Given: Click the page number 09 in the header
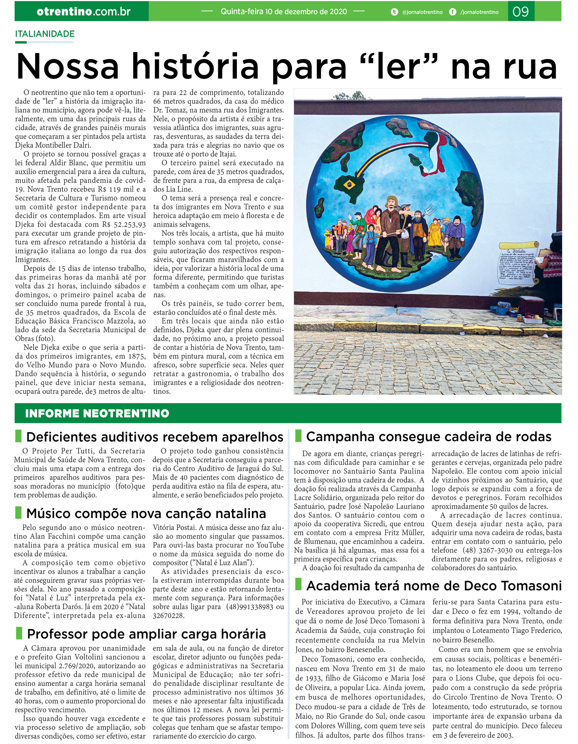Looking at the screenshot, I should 521,12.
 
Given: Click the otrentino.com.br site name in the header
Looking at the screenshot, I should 84,12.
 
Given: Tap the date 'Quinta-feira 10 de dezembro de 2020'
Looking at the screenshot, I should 284,12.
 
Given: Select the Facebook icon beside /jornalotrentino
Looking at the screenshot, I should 453,12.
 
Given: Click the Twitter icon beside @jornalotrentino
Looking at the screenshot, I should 394,12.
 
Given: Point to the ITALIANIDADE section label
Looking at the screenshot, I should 45,34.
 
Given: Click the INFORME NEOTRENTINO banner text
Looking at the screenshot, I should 97,414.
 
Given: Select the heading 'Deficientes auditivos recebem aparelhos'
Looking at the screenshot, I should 155,437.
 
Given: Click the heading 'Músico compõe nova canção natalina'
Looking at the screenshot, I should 146,513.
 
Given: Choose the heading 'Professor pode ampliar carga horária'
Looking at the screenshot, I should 146,634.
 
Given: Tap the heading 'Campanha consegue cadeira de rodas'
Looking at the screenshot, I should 428,437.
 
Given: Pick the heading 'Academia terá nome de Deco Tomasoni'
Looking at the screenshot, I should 434,586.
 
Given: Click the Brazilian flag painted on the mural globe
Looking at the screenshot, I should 350,184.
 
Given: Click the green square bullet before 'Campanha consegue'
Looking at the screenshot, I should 298,436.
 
